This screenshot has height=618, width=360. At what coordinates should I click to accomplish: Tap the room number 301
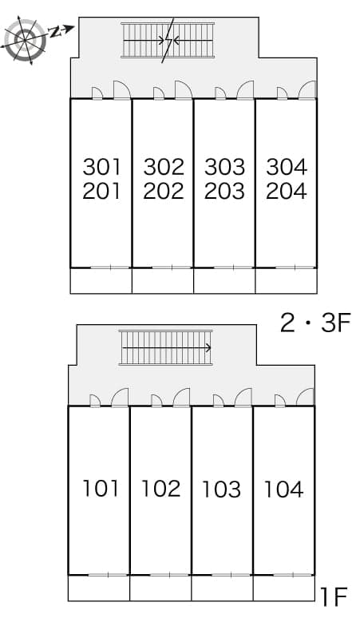[101, 167]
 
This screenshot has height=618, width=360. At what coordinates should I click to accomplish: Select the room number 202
[164, 191]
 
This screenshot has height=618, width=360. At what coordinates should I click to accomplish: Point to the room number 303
[224, 167]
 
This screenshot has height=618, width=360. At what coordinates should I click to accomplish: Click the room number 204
[287, 191]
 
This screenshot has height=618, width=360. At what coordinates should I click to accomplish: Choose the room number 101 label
[101, 489]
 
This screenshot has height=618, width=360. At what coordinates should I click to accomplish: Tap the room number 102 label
[160, 489]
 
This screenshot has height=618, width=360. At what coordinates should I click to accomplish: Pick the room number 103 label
[221, 489]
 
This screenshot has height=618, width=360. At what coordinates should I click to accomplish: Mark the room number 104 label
[283, 489]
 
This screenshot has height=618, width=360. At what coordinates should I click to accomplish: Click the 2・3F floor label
[315, 323]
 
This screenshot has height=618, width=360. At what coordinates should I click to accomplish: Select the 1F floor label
[334, 597]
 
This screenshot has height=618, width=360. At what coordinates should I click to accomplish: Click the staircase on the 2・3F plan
[168, 40]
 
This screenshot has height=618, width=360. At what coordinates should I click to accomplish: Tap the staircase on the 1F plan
[165, 347]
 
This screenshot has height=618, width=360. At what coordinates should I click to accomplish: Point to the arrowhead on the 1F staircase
[209, 348]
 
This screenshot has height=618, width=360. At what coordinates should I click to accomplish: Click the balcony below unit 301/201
[101, 281]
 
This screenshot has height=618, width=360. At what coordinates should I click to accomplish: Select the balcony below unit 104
[284, 588]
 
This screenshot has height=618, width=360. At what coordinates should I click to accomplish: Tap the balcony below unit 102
[160, 588]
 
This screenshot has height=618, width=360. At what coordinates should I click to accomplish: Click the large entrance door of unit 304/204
[307, 89]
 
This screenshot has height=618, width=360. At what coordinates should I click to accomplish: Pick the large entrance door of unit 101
[120, 398]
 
